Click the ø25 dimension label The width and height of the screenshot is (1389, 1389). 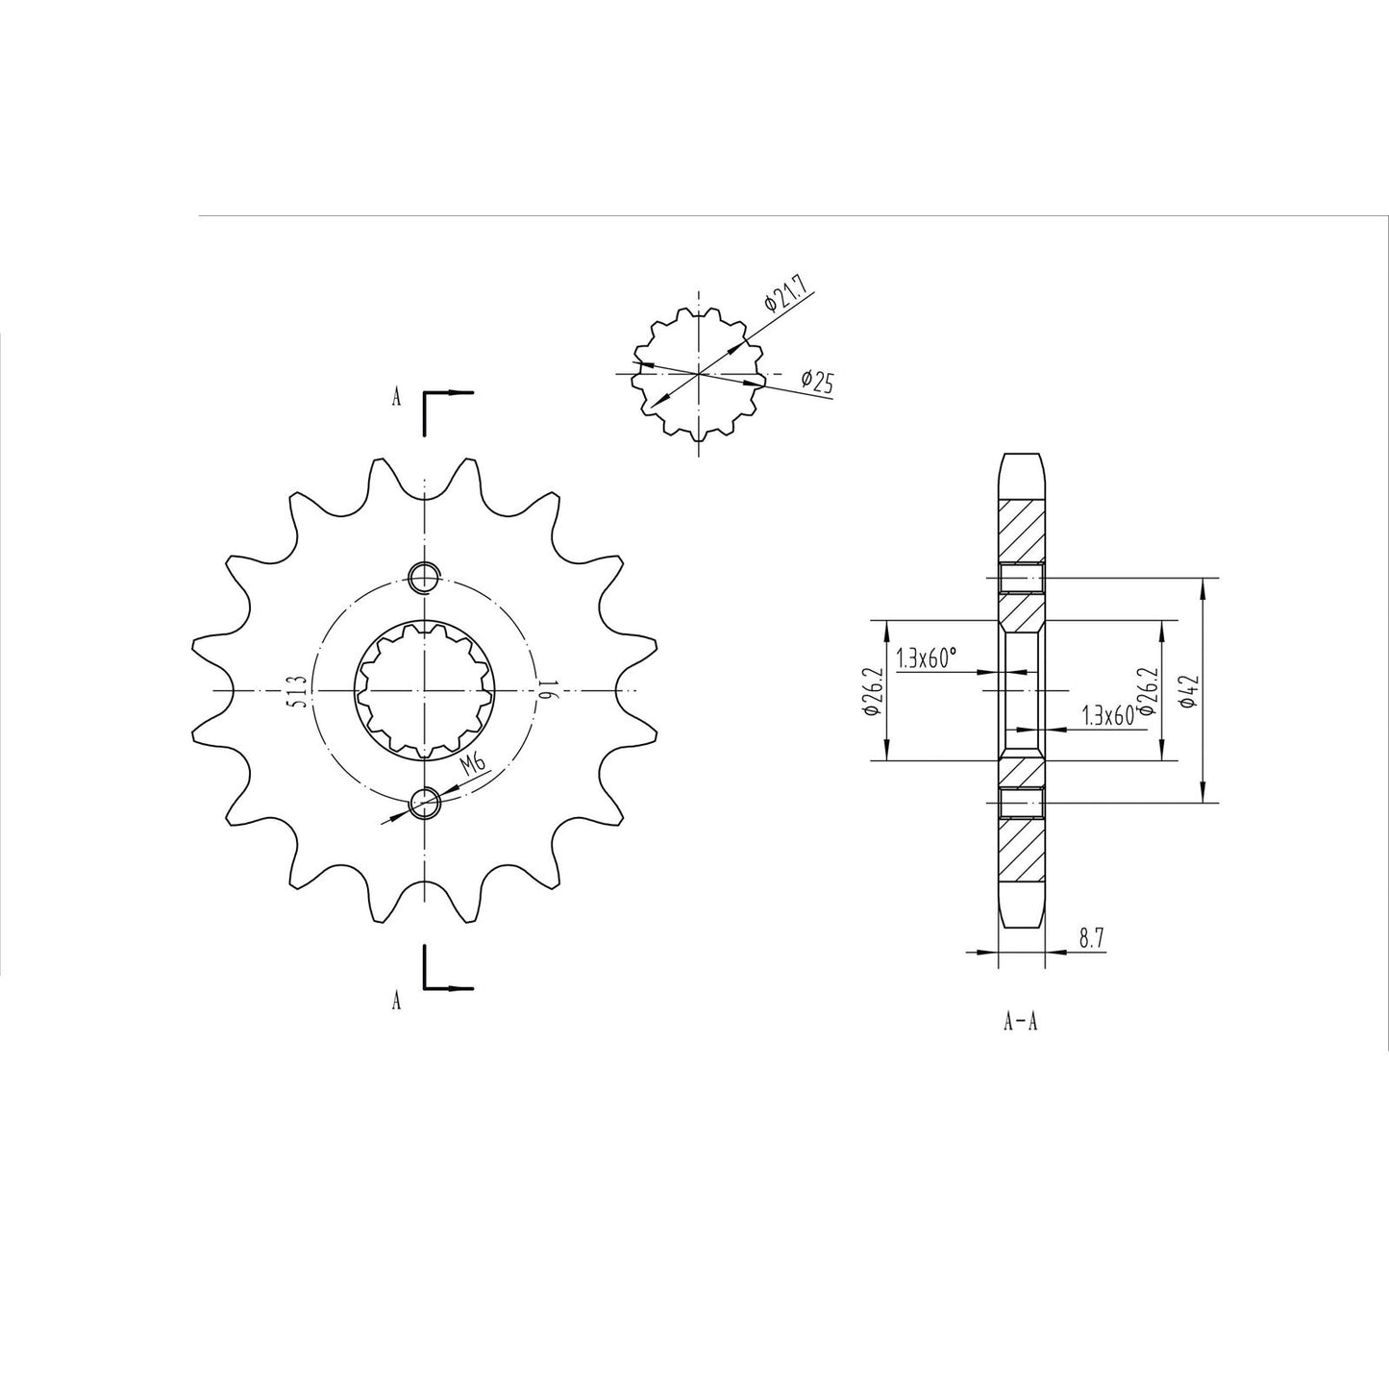click(x=817, y=382)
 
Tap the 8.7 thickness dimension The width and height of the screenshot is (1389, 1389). click(x=1090, y=940)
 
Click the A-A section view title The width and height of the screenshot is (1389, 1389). click(x=1020, y=1022)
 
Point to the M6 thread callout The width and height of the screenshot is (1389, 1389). click(x=472, y=766)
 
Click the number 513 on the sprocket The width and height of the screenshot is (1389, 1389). click(x=297, y=690)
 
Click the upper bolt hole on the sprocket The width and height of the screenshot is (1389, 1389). click(x=424, y=578)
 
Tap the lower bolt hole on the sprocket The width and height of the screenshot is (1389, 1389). click(x=424, y=802)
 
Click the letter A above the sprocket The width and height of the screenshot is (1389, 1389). click(x=395, y=398)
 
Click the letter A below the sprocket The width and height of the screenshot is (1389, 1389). click(x=395, y=1002)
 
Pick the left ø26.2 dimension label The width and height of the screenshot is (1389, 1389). click(x=870, y=691)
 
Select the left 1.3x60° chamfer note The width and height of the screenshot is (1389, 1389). click(x=926, y=658)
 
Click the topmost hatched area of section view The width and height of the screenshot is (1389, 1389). click(x=1021, y=531)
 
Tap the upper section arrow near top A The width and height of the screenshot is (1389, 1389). click(x=447, y=393)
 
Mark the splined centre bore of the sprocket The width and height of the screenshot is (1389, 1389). click(x=424, y=690)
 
